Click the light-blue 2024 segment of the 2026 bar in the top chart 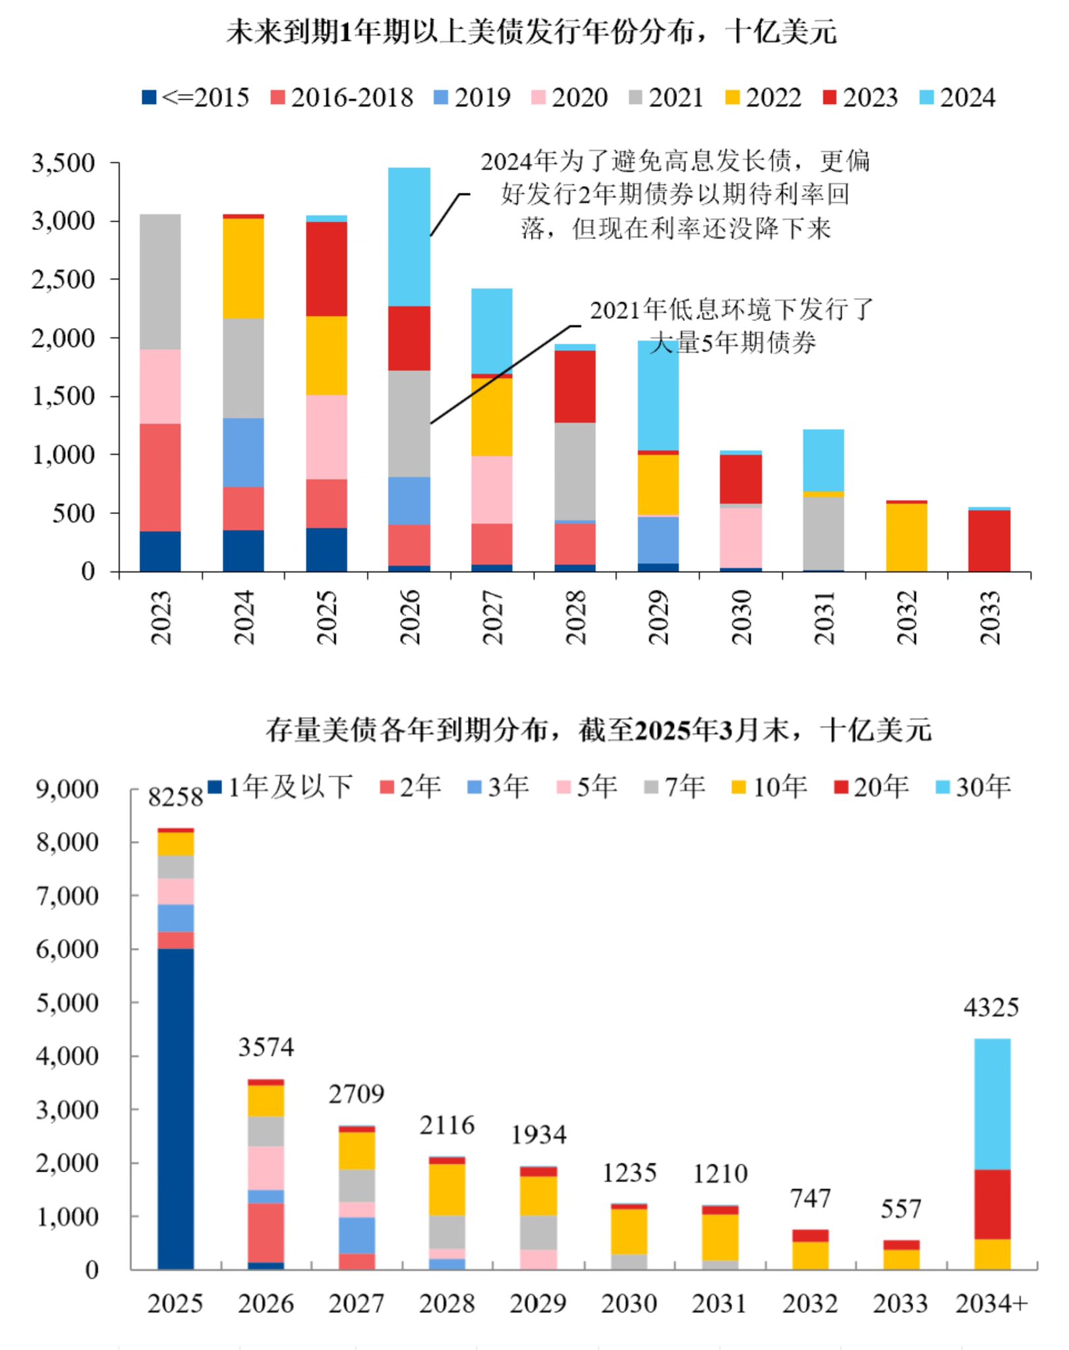(409, 237)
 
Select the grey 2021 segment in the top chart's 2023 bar (160, 281)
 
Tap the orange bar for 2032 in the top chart (906, 537)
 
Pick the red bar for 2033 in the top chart (989, 541)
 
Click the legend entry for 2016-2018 (342, 98)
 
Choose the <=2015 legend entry (196, 98)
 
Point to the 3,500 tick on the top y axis (64, 163)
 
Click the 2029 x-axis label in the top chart (658, 617)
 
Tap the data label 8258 (175, 797)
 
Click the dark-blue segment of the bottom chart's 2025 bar (175, 1107)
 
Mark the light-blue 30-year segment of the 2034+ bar (992, 1103)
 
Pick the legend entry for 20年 (871, 786)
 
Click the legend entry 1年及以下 (281, 786)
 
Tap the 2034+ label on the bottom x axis (991, 1303)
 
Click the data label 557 (900, 1209)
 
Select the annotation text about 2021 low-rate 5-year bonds (732, 326)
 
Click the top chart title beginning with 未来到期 (531, 31)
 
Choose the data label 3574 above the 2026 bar (266, 1047)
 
